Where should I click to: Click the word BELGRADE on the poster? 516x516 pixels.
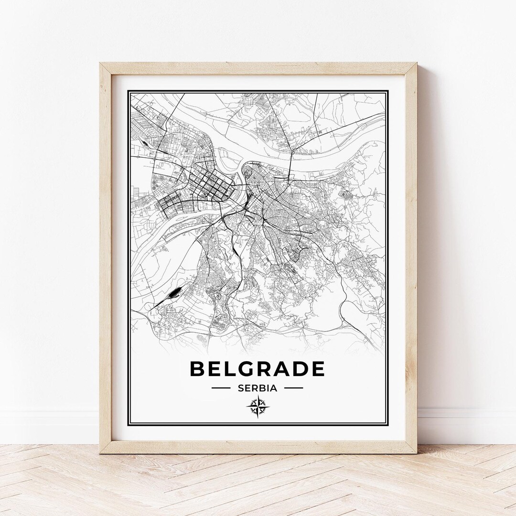click(x=257, y=369)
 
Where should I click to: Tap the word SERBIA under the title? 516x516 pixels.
click(x=257, y=388)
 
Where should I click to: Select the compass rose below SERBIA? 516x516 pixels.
click(x=258, y=407)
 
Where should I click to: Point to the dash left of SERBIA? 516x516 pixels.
click(x=221, y=388)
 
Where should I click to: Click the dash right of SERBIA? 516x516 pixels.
click(x=293, y=388)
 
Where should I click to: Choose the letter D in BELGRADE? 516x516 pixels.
click(x=300, y=369)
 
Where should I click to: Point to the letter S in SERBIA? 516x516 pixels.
click(x=240, y=388)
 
